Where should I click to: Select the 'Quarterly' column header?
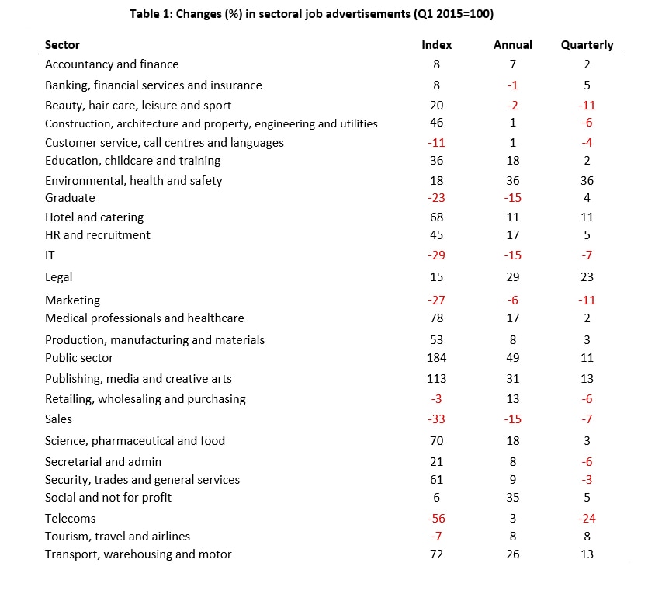pyautogui.click(x=587, y=45)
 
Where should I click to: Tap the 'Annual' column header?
pyautogui.click(x=512, y=45)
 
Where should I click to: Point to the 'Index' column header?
pyautogui.click(x=436, y=45)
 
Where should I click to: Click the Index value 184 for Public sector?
pyautogui.click(x=436, y=358)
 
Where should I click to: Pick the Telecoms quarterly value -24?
pyautogui.click(x=587, y=519)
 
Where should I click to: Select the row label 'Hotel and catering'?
pyautogui.click(x=95, y=217)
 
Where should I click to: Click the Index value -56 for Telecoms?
pyautogui.click(x=436, y=519)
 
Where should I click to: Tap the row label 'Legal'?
pyautogui.click(x=58, y=277)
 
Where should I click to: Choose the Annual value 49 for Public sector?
pyautogui.click(x=512, y=358)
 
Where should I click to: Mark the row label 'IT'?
pyautogui.click(x=50, y=255)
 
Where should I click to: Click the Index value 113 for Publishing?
pyautogui.click(x=436, y=379)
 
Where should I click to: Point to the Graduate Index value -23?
pyautogui.click(x=436, y=198)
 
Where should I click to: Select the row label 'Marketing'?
pyautogui.click(x=73, y=300)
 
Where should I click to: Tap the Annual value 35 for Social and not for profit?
pyautogui.click(x=512, y=498)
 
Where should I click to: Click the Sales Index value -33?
pyautogui.click(x=436, y=419)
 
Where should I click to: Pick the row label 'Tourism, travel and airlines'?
pyautogui.click(x=117, y=537)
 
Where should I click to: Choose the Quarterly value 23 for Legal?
pyautogui.click(x=587, y=277)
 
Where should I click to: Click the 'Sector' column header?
pyautogui.click(x=62, y=45)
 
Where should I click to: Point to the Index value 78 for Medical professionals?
pyautogui.click(x=436, y=318)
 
